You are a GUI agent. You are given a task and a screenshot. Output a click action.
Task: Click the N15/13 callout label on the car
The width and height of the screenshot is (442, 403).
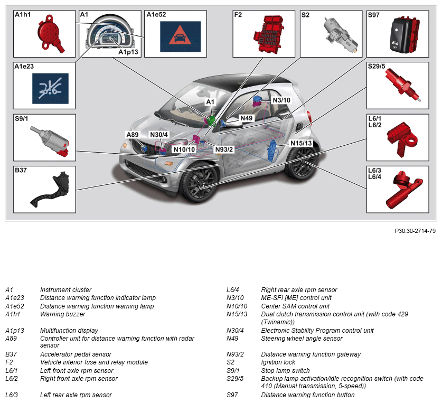click(302, 144)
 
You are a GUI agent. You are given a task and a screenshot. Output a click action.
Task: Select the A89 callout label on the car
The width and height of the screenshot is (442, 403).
click(132, 135)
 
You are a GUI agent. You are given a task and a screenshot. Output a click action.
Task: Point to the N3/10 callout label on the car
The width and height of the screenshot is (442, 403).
click(281, 100)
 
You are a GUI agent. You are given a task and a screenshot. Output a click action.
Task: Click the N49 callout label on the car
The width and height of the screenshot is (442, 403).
click(246, 118)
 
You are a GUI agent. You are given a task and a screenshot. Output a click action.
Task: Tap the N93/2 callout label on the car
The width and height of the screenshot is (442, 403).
click(224, 149)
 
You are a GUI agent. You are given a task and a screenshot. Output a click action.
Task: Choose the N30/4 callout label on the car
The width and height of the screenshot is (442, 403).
click(158, 135)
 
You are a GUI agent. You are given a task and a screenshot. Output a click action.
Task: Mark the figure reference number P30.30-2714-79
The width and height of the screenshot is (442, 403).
click(415, 231)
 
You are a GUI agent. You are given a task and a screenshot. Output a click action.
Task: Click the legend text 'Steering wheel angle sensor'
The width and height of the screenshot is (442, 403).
click(302, 339)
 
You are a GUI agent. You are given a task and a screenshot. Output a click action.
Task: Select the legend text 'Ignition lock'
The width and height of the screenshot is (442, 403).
click(278, 362)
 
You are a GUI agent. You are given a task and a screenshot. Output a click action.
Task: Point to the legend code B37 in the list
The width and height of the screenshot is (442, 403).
click(11, 354)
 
